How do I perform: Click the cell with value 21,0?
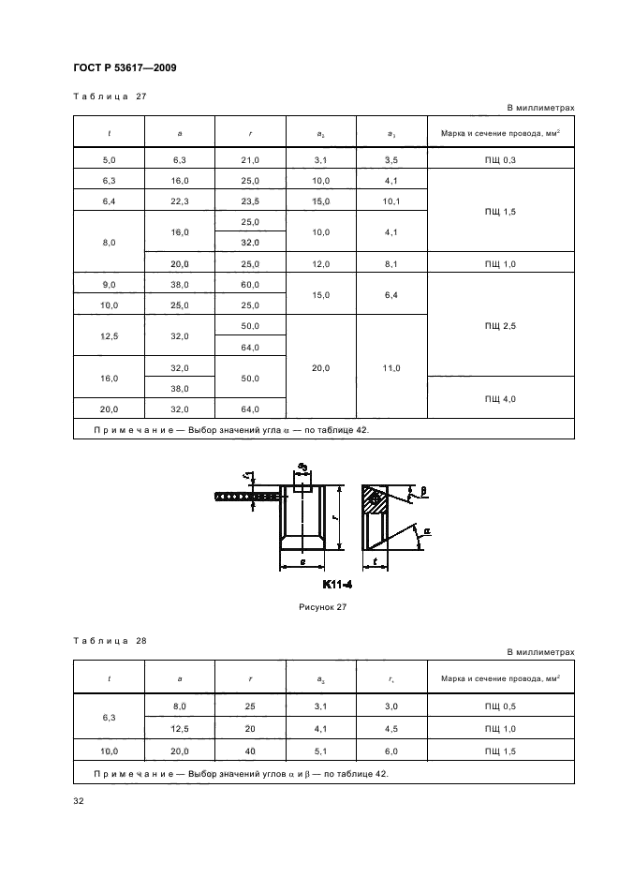click(250, 160)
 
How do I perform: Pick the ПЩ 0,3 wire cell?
click(500, 160)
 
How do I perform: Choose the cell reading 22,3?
click(180, 201)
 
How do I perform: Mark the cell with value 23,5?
click(250, 201)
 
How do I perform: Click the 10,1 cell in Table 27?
click(391, 201)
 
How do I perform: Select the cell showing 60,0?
click(250, 284)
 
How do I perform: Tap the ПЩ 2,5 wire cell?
click(500, 324)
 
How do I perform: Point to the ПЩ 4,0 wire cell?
click(500, 398)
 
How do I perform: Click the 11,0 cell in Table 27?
click(391, 368)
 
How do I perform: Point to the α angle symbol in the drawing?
click(426, 530)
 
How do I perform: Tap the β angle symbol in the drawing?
click(424, 490)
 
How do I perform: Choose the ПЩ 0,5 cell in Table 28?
click(500, 705)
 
